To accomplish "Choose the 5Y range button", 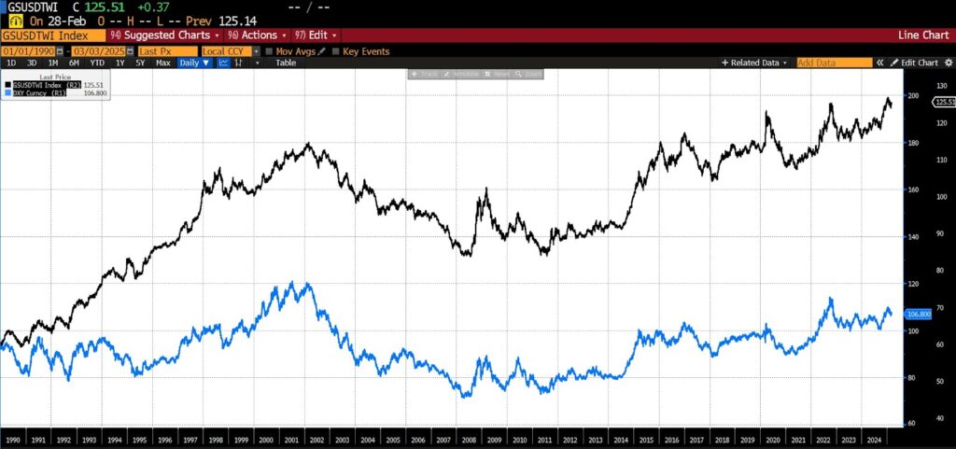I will pyautogui.click(x=140, y=63).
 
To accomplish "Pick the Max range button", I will pyautogui.click(x=162, y=63).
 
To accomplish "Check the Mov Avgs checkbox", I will pyautogui.click(x=269, y=51).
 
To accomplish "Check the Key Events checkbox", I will pyautogui.click(x=338, y=51).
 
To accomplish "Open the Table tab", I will pyautogui.click(x=285, y=63).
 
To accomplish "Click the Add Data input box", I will pyautogui.click(x=832, y=63).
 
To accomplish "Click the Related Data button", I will pyautogui.click(x=755, y=63).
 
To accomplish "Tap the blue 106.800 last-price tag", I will pyautogui.click(x=920, y=315).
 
